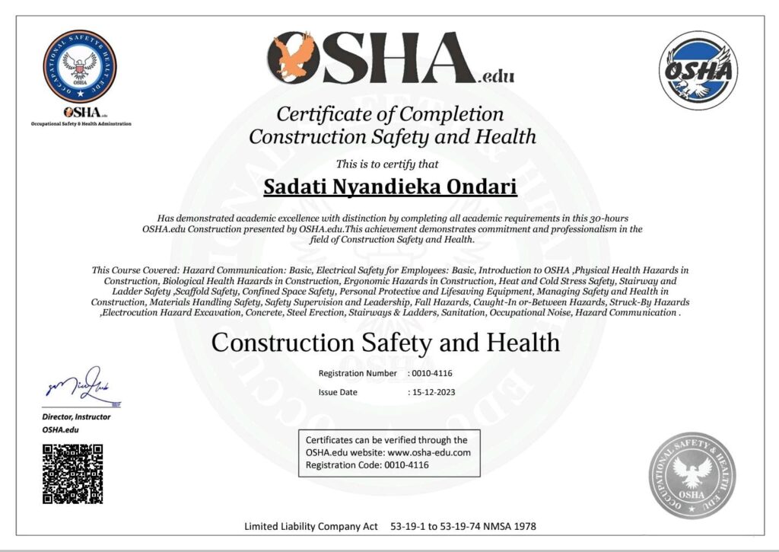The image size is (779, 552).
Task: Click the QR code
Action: pyautogui.click(x=72, y=474)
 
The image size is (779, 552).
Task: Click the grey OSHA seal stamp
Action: pyautogui.click(x=692, y=474)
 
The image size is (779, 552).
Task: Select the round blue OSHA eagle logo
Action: pyautogui.click(x=698, y=70)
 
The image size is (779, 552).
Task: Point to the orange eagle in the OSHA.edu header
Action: pyautogui.click(x=293, y=58)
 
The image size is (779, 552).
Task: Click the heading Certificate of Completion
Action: pyautogui.click(x=389, y=114)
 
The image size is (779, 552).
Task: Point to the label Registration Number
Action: pyautogui.click(x=358, y=373)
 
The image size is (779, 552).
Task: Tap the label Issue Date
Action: pyautogui.click(x=338, y=393)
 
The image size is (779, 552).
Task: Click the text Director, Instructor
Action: pyautogui.click(x=76, y=416)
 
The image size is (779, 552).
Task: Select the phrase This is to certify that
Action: pyautogui.click(x=387, y=163)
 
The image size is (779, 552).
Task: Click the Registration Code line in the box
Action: pyautogui.click(x=367, y=464)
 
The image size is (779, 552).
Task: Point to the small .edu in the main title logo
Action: pyautogui.click(x=496, y=76)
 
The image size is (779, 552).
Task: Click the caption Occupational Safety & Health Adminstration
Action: pyautogui.click(x=81, y=123)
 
